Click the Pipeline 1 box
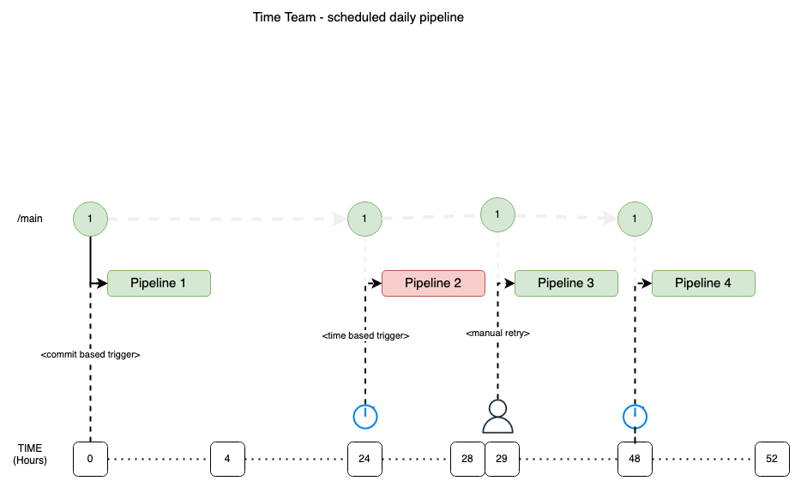point(159,283)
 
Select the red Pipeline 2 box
point(433,283)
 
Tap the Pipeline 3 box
point(566,283)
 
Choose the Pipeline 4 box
point(703,283)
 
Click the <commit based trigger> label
point(90,354)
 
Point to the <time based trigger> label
point(365,335)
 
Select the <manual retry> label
point(497,333)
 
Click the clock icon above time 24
point(365,417)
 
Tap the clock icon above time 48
point(635,417)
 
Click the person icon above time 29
point(497,417)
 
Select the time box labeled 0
point(90,459)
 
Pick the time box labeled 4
point(227,459)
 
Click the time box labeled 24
point(364,459)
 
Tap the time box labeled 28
point(467,459)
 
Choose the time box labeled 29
point(502,459)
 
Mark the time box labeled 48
point(635,459)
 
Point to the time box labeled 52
point(772,459)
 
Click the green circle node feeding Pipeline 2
point(364,219)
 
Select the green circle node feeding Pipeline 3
point(497,214)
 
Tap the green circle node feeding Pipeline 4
point(635,219)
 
